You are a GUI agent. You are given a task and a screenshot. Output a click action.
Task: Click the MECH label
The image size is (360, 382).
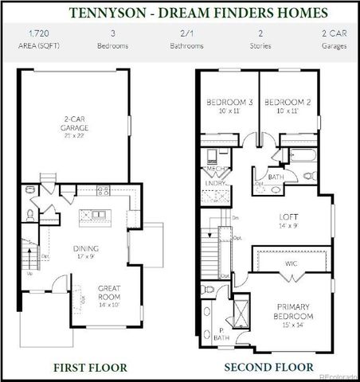(214, 170)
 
